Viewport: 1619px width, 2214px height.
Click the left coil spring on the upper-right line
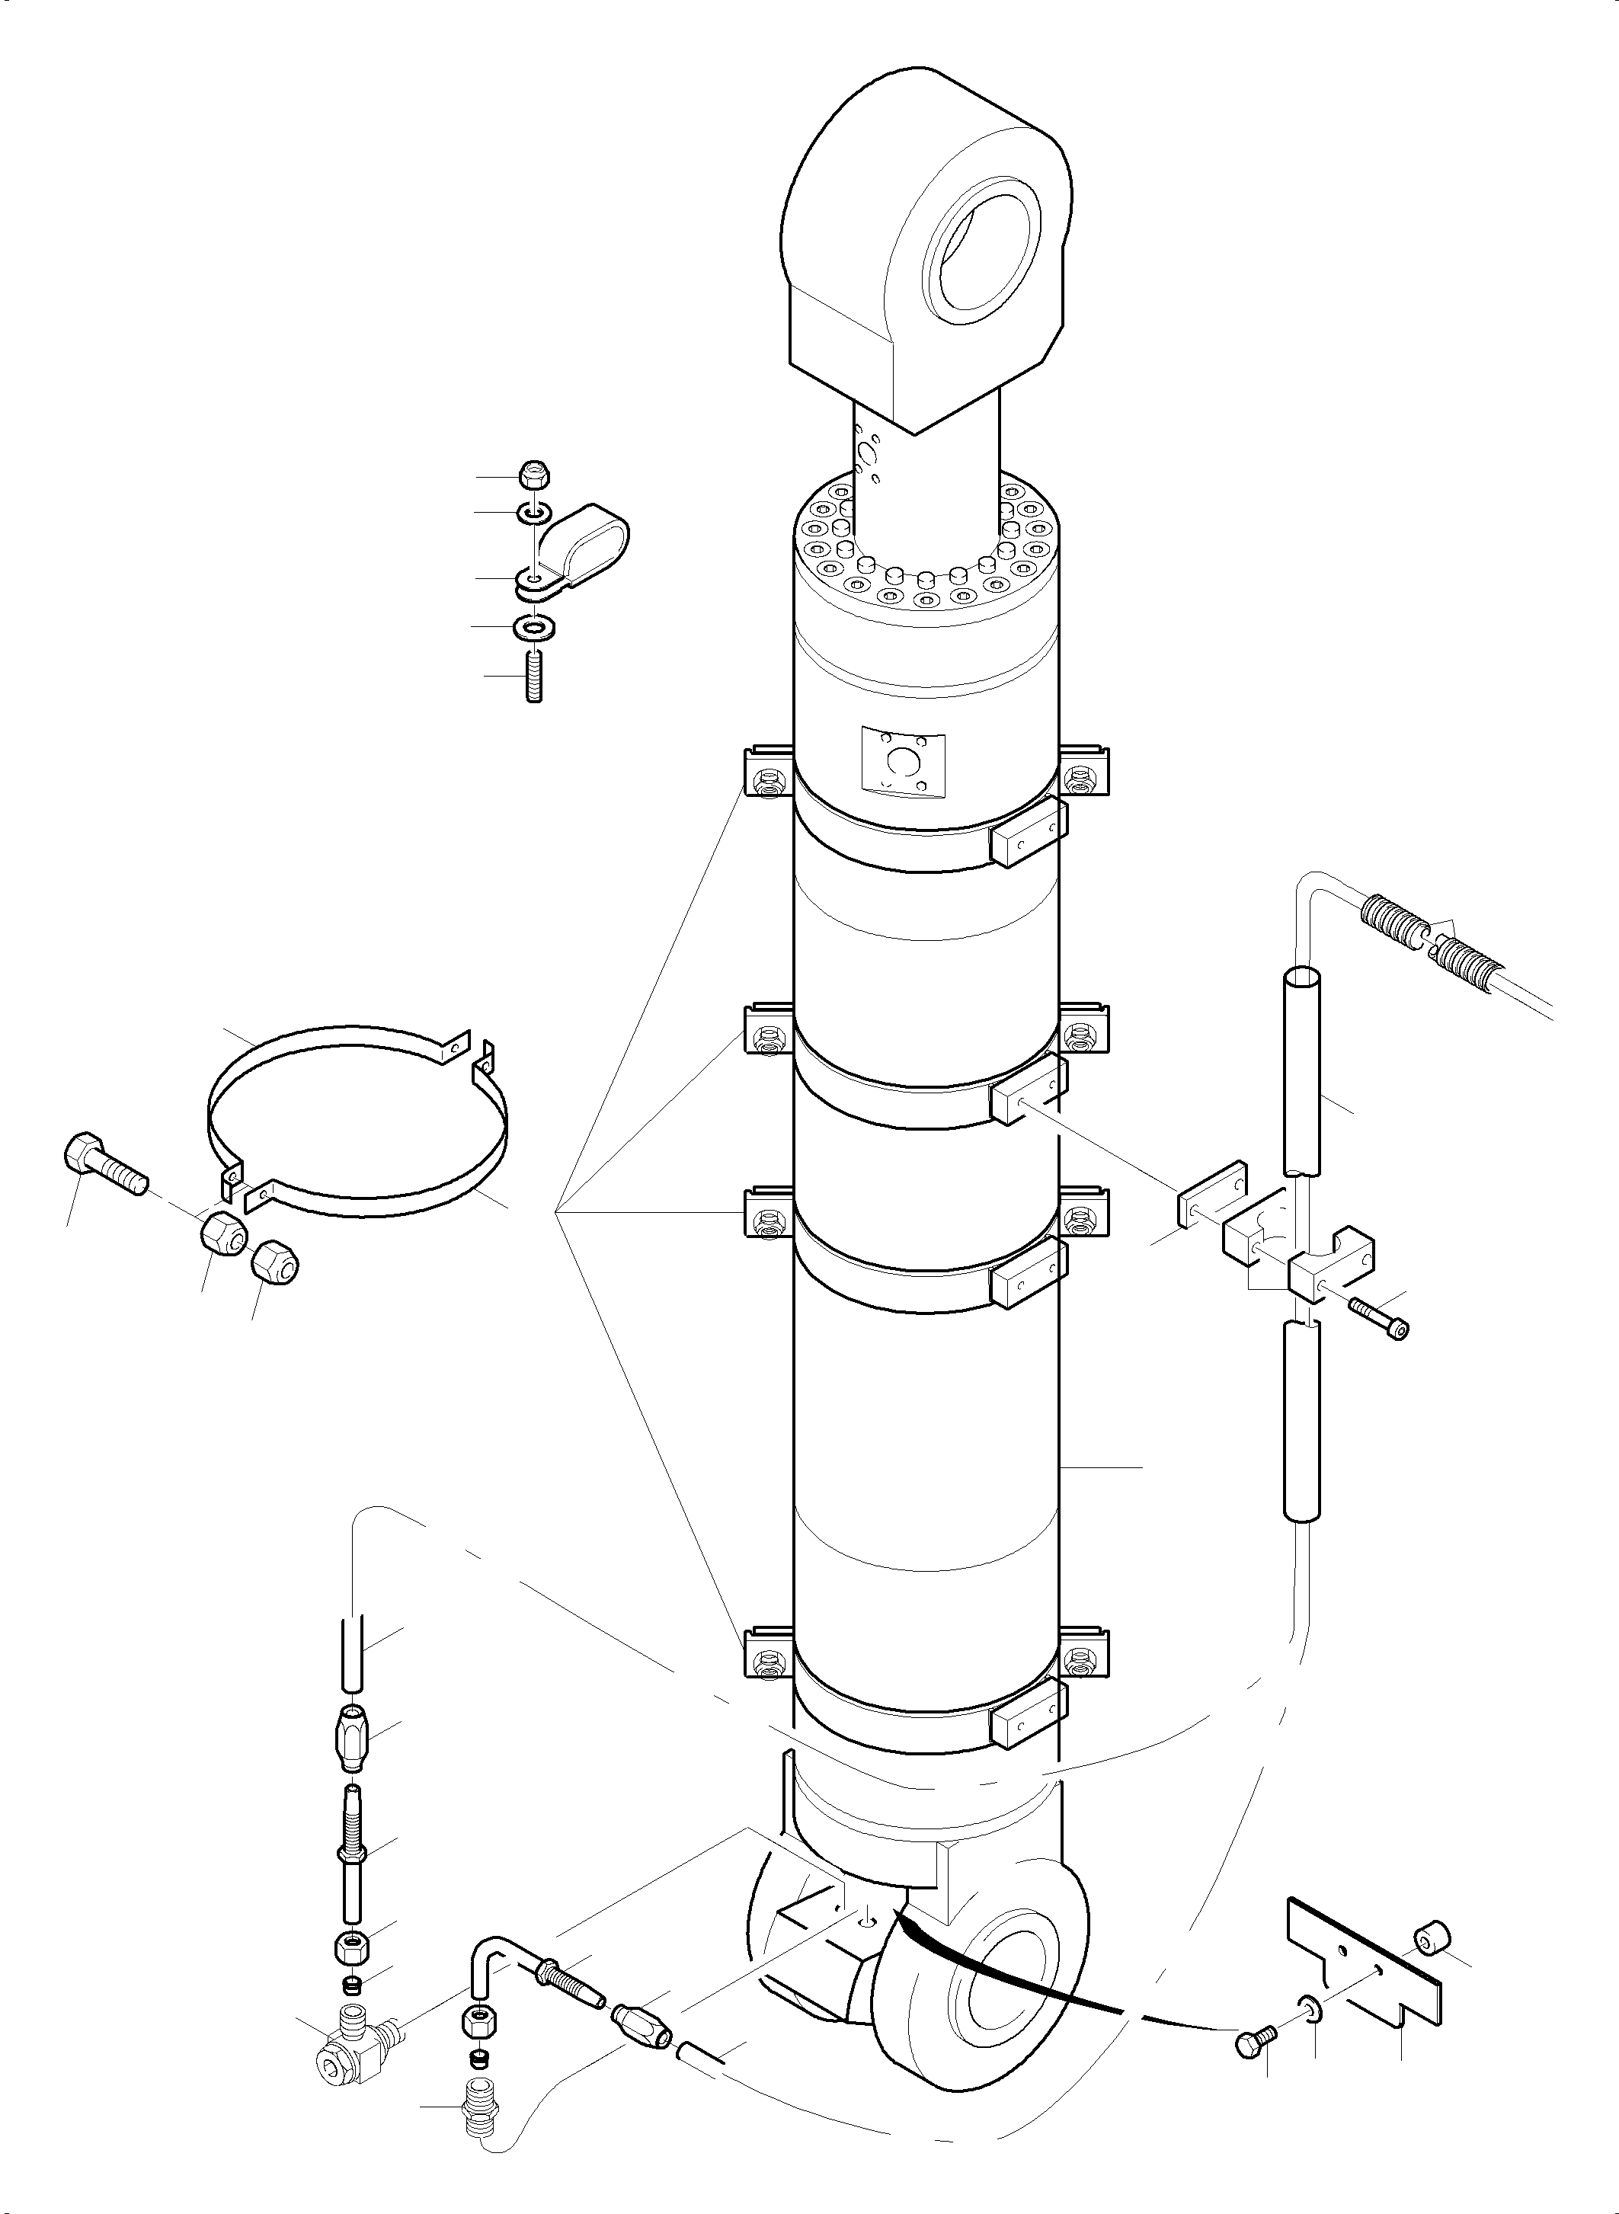point(1393,920)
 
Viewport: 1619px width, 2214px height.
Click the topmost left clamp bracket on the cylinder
point(770,773)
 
